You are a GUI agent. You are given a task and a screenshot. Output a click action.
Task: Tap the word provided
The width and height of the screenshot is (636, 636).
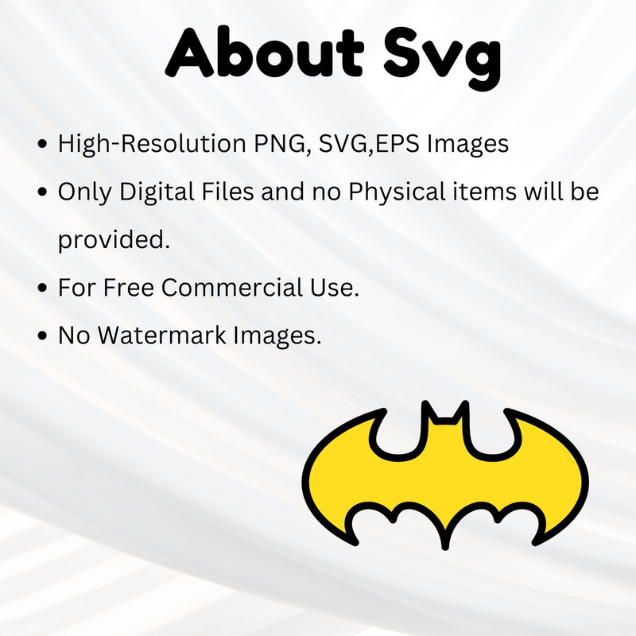click(x=114, y=240)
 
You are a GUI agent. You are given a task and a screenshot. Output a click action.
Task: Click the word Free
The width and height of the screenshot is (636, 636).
click(x=127, y=288)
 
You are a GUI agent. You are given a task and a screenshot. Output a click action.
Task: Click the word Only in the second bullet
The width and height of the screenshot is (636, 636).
click(x=81, y=192)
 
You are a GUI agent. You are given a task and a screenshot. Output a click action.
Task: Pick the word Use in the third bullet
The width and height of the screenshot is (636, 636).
click(x=338, y=288)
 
